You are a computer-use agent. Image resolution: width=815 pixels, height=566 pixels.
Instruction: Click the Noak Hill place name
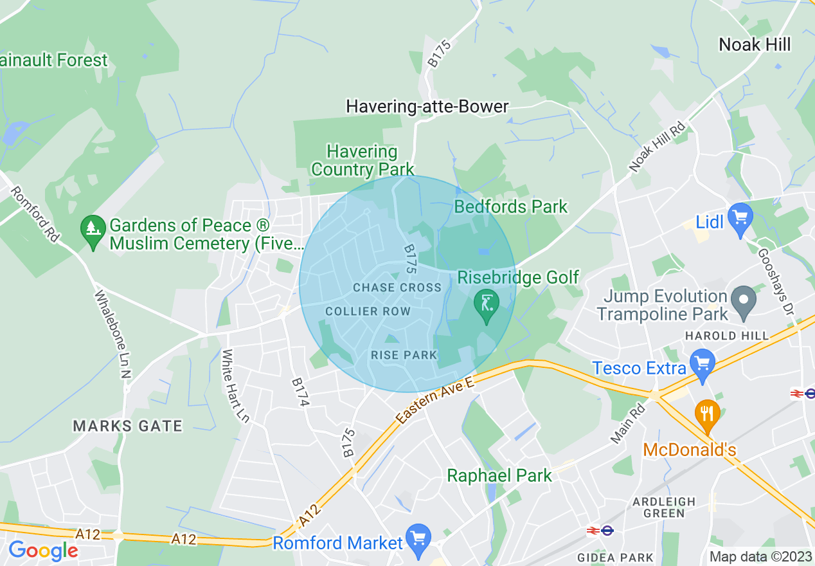click(755, 44)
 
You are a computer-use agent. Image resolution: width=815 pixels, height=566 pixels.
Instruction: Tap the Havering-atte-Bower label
click(427, 106)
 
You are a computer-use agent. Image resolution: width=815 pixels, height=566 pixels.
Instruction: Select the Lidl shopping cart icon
click(740, 217)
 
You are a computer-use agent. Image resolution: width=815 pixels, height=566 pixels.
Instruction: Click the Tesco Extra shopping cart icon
click(702, 363)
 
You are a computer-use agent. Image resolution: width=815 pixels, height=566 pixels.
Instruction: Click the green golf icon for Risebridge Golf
click(487, 304)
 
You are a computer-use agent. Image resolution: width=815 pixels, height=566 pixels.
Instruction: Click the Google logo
click(43, 551)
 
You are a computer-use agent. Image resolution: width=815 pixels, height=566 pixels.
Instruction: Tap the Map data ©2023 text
click(760, 557)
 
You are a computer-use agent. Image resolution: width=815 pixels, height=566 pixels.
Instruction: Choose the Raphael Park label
click(499, 476)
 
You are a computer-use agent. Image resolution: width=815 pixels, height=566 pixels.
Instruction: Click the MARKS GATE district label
click(127, 426)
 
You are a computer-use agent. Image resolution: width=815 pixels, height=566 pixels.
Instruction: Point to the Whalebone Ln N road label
click(113, 334)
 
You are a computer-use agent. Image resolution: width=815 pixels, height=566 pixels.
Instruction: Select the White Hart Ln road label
click(235, 386)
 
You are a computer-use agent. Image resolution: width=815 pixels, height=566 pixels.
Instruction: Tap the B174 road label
click(300, 392)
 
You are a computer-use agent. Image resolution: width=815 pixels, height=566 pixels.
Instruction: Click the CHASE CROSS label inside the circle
click(397, 288)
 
